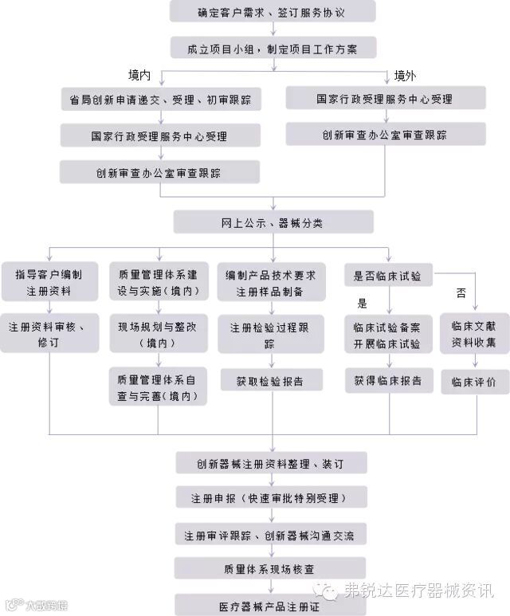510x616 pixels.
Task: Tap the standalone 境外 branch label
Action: click(x=405, y=76)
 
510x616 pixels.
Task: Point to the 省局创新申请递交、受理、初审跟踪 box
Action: click(x=159, y=100)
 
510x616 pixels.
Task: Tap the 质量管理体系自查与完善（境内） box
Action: click(x=158, y=386)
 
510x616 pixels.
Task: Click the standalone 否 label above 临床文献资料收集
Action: click(x=461, y=293)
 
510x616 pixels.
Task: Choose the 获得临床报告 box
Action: click(x=388, y=380)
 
